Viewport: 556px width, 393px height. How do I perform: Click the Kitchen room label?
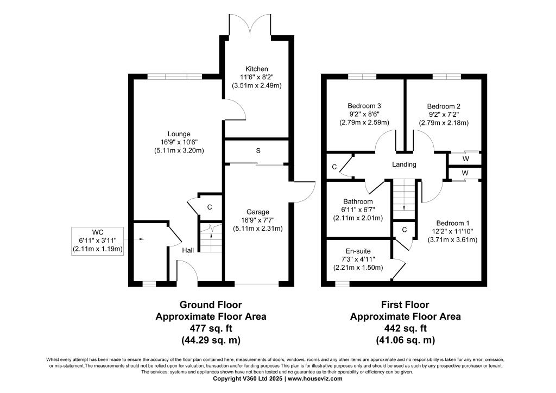(256, 69)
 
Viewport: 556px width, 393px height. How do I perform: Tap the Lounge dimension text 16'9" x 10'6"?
(179, 142)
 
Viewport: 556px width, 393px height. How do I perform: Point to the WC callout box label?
(98, 232)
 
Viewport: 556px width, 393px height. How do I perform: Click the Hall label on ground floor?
(188, 250)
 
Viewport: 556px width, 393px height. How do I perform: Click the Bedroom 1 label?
(452, 223)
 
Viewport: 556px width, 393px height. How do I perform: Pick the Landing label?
(404, 164)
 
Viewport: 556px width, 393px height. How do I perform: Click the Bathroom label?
(357, 201)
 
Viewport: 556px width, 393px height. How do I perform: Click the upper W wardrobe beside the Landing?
(465, 159)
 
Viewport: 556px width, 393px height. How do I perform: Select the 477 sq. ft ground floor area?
(211, 328)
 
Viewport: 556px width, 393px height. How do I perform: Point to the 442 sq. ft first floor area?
(405, 328)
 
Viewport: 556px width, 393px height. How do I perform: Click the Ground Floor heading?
(211, 305)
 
